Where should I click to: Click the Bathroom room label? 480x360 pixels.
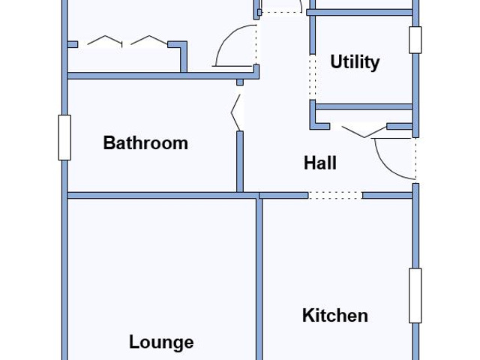click(145, 143)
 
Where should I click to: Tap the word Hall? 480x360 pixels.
click(320, 163)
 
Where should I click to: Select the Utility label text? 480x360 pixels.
click(355, 62)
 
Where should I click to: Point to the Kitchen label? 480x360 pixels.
click(335, 315)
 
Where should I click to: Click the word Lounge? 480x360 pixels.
click(161, 342)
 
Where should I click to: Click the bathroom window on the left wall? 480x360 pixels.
click(64, 137)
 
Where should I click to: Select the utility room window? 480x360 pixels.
click(415, 40)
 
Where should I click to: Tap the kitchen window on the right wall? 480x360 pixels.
click(415, 295)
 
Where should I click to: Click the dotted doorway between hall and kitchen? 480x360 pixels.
click(335, 195)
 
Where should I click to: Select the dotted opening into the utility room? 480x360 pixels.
click(312, 77)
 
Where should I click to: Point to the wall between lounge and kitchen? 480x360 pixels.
click(259, 279)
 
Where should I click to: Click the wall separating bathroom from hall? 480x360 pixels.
click(240, 162)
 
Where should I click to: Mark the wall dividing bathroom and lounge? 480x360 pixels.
click(162, 195)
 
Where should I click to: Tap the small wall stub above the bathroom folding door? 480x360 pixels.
click(240, 82)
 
